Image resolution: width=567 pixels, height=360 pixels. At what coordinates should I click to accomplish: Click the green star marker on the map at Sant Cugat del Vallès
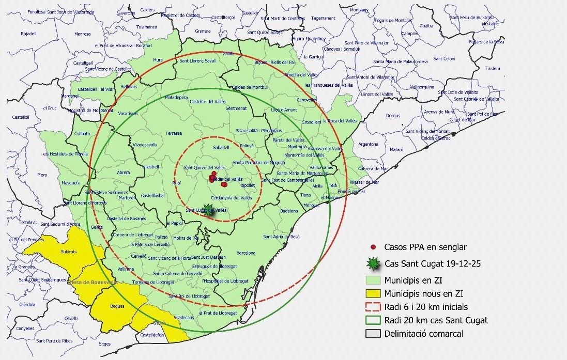coord(208,209)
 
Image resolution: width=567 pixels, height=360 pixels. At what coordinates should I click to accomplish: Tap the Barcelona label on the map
coord(246,253)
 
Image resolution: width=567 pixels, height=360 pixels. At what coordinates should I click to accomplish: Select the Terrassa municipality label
coord(174,133)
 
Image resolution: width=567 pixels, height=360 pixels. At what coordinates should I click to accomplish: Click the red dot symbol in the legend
coord(373,247)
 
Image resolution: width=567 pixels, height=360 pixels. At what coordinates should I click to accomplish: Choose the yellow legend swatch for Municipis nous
coord(372,293)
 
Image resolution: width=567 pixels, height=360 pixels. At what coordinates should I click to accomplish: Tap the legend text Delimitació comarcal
coord(423,334)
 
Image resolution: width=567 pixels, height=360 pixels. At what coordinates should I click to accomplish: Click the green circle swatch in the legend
coord(372,320)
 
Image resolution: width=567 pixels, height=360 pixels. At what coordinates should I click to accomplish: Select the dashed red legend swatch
coord(372,307)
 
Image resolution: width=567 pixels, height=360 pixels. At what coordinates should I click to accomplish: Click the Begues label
coord(117,306)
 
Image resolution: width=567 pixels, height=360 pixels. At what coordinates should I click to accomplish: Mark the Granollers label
coord(312,122)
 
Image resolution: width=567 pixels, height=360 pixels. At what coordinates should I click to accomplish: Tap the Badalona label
coord(289,211)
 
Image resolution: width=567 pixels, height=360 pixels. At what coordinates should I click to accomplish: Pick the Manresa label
coord(83,34)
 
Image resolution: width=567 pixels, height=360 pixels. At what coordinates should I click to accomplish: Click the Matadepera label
coord(176,97)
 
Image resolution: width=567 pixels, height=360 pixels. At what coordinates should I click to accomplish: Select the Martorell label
coord(127,197)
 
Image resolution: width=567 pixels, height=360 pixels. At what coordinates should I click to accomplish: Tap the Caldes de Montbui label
coord(253,87)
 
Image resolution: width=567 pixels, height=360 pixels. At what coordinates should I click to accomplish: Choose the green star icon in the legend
coord(373,264)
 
